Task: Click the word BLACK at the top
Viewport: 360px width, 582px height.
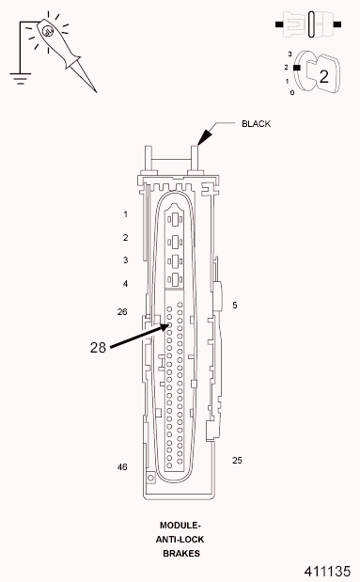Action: pyautogui.click(x=258, y=123)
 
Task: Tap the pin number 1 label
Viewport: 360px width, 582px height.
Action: pyautogui.click(x=125, y=214)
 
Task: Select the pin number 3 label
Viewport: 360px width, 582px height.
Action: pyautogui.click(x=125, y=260)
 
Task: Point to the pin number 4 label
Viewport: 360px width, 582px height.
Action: pyautogui.click(x=125, y=283)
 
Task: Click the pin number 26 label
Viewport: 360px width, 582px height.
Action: pyautogui.click(x=122, y=311)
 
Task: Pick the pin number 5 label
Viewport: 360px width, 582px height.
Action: pyautogui.click(x=235, y=305)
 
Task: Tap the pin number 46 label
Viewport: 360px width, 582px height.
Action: pyautogui.click(x=122, y=466)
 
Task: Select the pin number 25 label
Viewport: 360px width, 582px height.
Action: pyautogui.click(x=238, y=459)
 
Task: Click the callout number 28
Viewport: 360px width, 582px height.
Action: pyautogui.click(x=99, y=347)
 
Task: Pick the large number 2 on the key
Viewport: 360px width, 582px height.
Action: pyautogui.click(x=323, y=76)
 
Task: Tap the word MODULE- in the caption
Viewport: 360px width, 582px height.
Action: pyautogui.click(x=180, y=525)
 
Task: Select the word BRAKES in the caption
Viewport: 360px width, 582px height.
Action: pyautogui.click(x=180, y=553)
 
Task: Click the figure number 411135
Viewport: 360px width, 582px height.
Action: pyautogui.click(x=327, y=571)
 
